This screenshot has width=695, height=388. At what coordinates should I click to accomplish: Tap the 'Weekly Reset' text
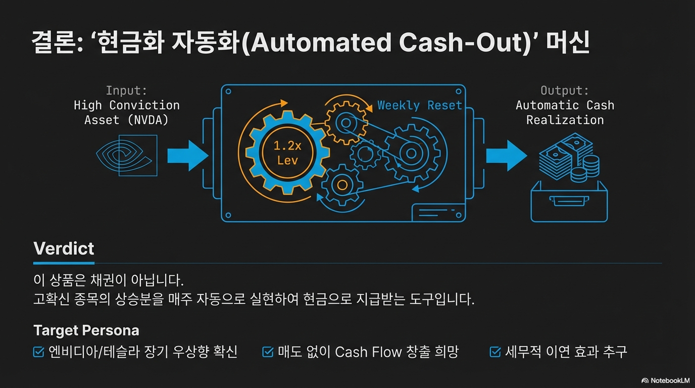click(x=420, y=106)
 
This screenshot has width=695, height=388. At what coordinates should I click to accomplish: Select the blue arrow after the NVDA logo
click(x=187, y=155)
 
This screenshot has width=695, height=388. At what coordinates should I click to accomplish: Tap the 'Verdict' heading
click(x=64, y=249)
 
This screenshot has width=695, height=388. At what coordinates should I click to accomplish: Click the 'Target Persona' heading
click(x=86, y=330)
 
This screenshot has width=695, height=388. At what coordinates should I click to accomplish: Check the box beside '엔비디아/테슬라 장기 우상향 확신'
click(x=39, y=352)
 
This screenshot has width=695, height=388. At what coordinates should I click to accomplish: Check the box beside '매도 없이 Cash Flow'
click(x=268, y=352)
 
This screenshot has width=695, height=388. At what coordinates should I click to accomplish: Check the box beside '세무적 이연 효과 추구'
click(x=495, y=352)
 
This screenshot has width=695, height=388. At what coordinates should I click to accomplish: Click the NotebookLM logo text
click(x=665, y=380)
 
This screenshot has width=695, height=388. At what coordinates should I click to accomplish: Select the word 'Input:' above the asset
click(x=126, y=91)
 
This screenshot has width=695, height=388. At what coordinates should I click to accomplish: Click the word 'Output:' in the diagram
click(x=565, y=91)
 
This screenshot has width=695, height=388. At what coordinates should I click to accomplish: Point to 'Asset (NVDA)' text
click(x=126, y=120)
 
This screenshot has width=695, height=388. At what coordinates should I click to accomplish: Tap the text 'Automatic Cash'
click(x=565, y=106)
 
